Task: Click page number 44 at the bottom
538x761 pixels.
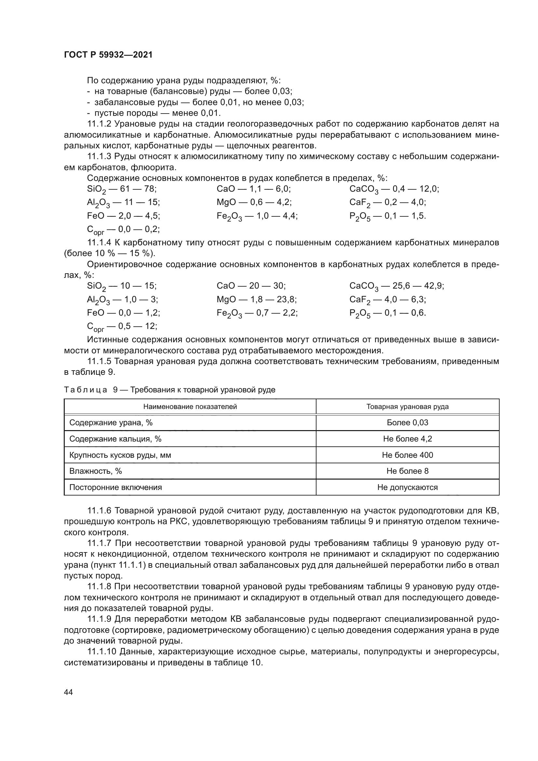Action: click(68, 692)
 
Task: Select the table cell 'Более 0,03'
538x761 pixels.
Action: click(407, 423)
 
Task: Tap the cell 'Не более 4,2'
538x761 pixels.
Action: click(407, 439)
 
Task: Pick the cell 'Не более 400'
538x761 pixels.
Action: click(407, 455)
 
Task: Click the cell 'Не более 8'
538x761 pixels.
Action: click(407, 471)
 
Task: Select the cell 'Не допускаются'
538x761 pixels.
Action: click(407, 487)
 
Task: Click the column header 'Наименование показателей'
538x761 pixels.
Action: click(190, 407)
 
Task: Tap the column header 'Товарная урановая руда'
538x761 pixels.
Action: click(407, 407)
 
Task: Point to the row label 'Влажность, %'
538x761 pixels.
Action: click(95, 471)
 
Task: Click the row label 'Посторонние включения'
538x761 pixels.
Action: click(115, 487)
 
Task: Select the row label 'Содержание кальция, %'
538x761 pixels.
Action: click(115, 439)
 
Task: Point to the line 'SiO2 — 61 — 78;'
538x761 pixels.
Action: click(122, 189)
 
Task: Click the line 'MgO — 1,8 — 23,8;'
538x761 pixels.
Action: click(256, 300)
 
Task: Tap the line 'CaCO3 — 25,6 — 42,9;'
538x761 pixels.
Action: click(397, 286)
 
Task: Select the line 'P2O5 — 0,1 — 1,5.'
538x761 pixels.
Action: click(387, 216)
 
